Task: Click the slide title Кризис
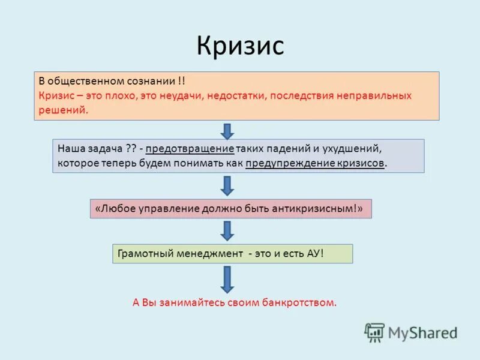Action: point(240,46)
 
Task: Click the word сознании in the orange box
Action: point(152,81)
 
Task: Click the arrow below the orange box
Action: point(227,130)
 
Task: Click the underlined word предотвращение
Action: point(188,148)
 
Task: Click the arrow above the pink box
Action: point(227,185)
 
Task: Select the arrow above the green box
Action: point(227,230)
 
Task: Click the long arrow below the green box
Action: point(227,278)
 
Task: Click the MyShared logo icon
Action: point(374,332)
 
